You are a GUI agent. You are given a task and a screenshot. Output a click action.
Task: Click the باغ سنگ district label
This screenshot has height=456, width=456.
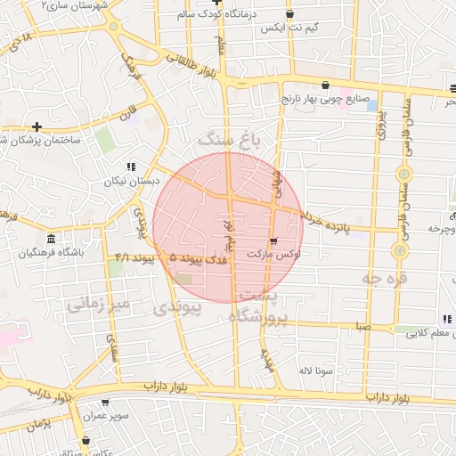[231, 139]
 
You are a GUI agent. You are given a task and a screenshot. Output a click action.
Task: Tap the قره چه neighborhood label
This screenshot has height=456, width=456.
[384, 279]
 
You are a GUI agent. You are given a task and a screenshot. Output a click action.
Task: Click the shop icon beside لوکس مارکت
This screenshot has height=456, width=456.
[273, 240]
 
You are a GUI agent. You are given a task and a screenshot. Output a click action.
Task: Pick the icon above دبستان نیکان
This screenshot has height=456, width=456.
[131, 167]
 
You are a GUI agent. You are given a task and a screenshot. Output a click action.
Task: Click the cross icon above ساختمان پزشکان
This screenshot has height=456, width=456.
[37, 126]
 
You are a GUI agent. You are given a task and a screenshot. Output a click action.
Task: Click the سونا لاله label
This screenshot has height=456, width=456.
[317, 369]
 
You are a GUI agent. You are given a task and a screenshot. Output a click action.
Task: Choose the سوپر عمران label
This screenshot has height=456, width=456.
[108, 416]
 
